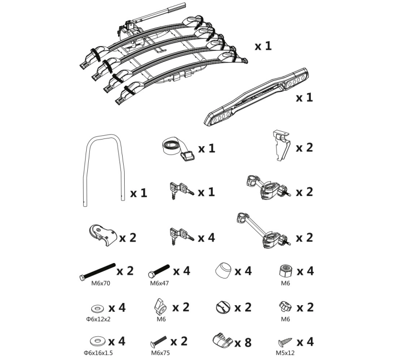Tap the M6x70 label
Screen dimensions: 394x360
click(x=101, y=284)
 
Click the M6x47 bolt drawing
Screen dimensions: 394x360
click(x=159, y=271)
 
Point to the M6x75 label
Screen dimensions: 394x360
click(x=160, y=353)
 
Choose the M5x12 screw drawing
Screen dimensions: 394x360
click(x=285, y=342)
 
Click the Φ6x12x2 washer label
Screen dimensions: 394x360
click(x=98, y=319)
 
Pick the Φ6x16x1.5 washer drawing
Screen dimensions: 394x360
click(x=98, y=341)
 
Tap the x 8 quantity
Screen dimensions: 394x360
click(x=243, y=343)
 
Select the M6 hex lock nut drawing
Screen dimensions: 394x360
click(x=286, y=271)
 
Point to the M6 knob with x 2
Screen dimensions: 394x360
click(x=285, y=307)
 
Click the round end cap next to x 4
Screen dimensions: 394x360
click(x=223, y=271)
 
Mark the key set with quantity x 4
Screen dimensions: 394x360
click(x=181, y=236)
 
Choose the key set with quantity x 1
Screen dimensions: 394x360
click(x=181, y=191)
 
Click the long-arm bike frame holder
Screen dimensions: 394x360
click(x=263, y=231)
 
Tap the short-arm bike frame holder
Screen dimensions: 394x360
click(x=267, y=187)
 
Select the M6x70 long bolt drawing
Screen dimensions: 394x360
click(x=98, y=272)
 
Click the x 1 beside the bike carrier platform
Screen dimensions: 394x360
click(x=263, y=46)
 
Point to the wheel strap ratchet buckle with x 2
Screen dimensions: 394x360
click(x=103, y=235)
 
